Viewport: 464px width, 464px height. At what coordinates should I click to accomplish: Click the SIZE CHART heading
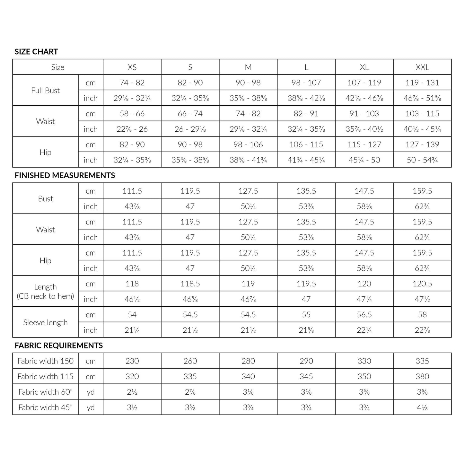coord(36,52)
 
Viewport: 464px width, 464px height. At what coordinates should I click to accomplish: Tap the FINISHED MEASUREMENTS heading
coord(65,175)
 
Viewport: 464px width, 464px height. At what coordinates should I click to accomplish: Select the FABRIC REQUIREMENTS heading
coord(59,346)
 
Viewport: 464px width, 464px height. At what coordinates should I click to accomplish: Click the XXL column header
coord(422,67)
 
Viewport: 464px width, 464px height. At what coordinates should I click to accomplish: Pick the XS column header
coord(132,67)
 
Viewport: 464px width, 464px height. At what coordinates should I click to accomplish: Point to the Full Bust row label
coord(45,91)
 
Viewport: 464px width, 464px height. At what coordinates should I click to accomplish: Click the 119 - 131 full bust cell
coord(422,83)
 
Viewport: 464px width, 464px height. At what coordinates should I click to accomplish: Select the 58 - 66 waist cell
coord(132,114)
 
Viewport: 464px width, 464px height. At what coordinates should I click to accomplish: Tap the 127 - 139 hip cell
coord(422,144)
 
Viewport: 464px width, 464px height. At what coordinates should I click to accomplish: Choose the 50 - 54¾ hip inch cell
coord(422,160)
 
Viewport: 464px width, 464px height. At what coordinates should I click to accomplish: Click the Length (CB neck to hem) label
coord(45,291)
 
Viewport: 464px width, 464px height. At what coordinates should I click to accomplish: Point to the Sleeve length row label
coord(45,322)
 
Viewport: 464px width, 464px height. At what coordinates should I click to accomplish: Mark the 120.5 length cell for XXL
coord(422,284)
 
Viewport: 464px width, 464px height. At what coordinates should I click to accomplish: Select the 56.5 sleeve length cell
coord(364,315)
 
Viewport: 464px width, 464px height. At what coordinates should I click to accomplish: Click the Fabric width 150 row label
coord(45,361)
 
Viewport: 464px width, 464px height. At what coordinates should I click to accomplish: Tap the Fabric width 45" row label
coord(45,407)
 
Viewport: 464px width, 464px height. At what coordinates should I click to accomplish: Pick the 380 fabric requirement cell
coord(422,376)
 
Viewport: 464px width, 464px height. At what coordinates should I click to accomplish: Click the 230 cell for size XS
coord(132,361)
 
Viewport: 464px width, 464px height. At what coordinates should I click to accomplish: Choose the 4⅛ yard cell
coord(422,407)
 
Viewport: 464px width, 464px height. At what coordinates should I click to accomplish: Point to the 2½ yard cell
coord(132,392)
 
